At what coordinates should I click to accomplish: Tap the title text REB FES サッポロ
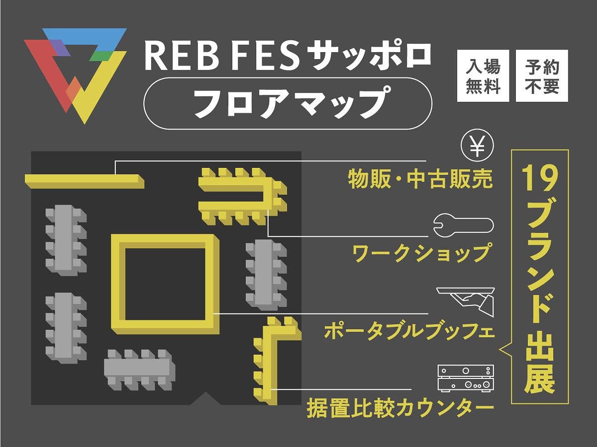288,56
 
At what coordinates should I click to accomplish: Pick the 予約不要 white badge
541,76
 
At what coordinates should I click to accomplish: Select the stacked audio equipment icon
466,378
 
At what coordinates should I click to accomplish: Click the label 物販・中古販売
420,179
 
